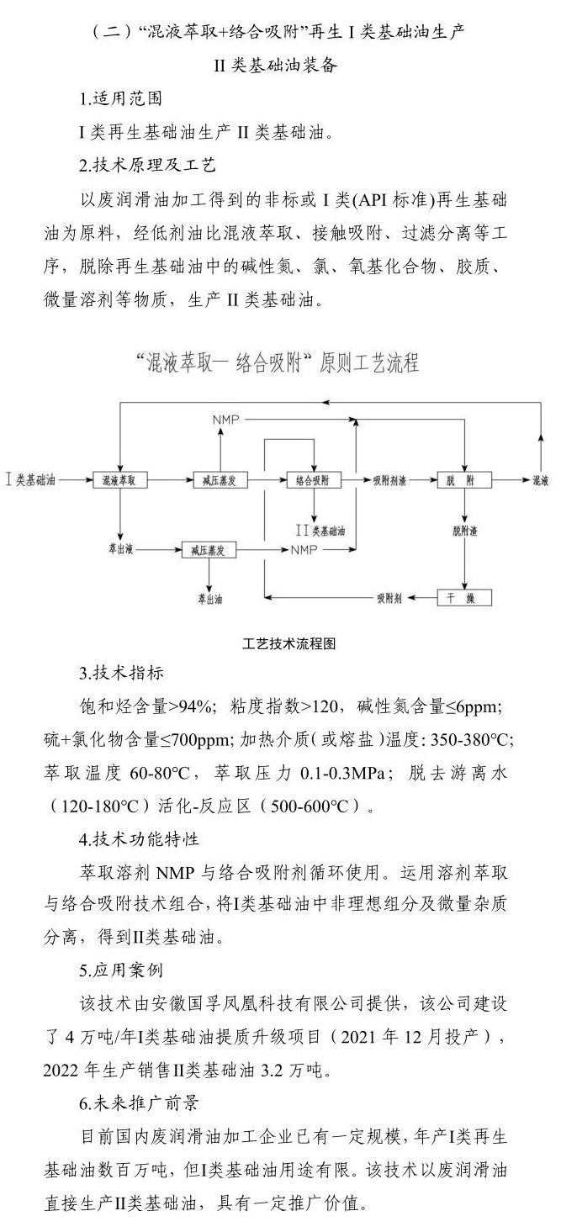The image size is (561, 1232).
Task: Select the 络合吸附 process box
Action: (313, 480)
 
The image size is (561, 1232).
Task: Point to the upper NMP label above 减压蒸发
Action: (225, 420)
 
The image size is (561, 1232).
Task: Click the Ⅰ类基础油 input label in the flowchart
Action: (31, 480)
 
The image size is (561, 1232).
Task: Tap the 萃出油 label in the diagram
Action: (210, 599)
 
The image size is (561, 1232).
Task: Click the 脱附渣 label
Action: (464, 531)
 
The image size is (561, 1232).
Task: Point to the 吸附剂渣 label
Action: (390, 480)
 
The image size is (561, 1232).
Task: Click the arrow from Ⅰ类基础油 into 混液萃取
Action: (77, 480)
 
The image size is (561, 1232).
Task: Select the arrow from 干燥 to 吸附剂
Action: (420, 597)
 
